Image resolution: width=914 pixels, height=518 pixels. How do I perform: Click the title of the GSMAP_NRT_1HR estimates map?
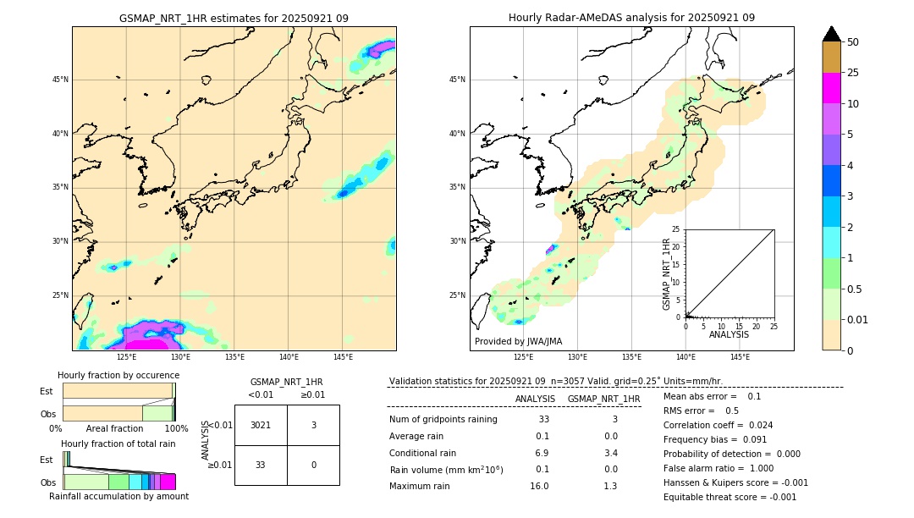point(234,18)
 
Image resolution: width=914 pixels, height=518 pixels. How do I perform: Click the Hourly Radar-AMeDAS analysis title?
point(631,18)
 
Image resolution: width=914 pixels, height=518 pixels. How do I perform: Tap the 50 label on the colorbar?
point(853,41)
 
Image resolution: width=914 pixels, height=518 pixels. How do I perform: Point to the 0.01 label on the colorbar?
point(858,319)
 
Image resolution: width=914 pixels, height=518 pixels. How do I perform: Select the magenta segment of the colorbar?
point(831,88)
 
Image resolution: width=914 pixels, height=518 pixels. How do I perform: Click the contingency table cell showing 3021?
point(261,425)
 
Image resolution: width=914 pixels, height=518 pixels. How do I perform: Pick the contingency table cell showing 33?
point(261,465)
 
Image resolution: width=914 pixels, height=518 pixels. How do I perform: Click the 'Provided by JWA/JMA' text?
point(518,341)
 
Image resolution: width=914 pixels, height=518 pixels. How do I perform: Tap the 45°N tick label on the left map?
point(60,80)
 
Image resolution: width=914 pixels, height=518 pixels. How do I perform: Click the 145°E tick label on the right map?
point(740,357)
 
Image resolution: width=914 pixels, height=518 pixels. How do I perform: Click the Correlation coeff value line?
point(718,425)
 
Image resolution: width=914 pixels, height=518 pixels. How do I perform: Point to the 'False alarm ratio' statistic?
point(719,468)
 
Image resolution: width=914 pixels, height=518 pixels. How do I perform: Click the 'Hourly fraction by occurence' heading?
point(118,375)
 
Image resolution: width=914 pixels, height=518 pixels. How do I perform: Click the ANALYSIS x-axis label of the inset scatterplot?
point(729,334)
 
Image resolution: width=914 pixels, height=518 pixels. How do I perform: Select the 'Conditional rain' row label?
point(422,453)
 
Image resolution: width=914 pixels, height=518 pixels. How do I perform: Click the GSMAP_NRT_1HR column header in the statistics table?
point(603,399)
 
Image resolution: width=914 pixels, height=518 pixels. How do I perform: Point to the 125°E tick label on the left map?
point(126,357)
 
